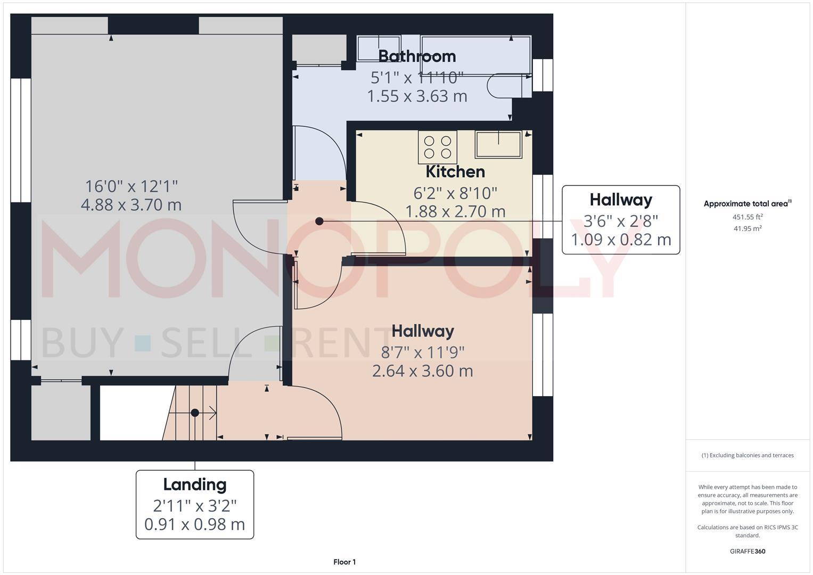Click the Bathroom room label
click(417, 56)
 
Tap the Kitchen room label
click(455, 171)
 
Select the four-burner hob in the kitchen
click(438, 147)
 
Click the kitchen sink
click(498, 145)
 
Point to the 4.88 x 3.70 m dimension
click(131, 204)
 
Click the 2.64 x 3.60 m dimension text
click(422, 371)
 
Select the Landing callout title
click(195, 484)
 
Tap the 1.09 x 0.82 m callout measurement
click(621, 240)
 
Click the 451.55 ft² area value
click(747, 217)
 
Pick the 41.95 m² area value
click(747, 228)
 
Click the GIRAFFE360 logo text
click(747, 551)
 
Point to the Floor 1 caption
click(344, 562)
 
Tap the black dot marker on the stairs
click(195, 413)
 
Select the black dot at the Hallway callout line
click(319, 221)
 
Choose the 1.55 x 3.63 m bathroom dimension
click(417, 96)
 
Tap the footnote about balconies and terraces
click(747, 455)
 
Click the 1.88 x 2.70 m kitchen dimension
click(455, 212)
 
